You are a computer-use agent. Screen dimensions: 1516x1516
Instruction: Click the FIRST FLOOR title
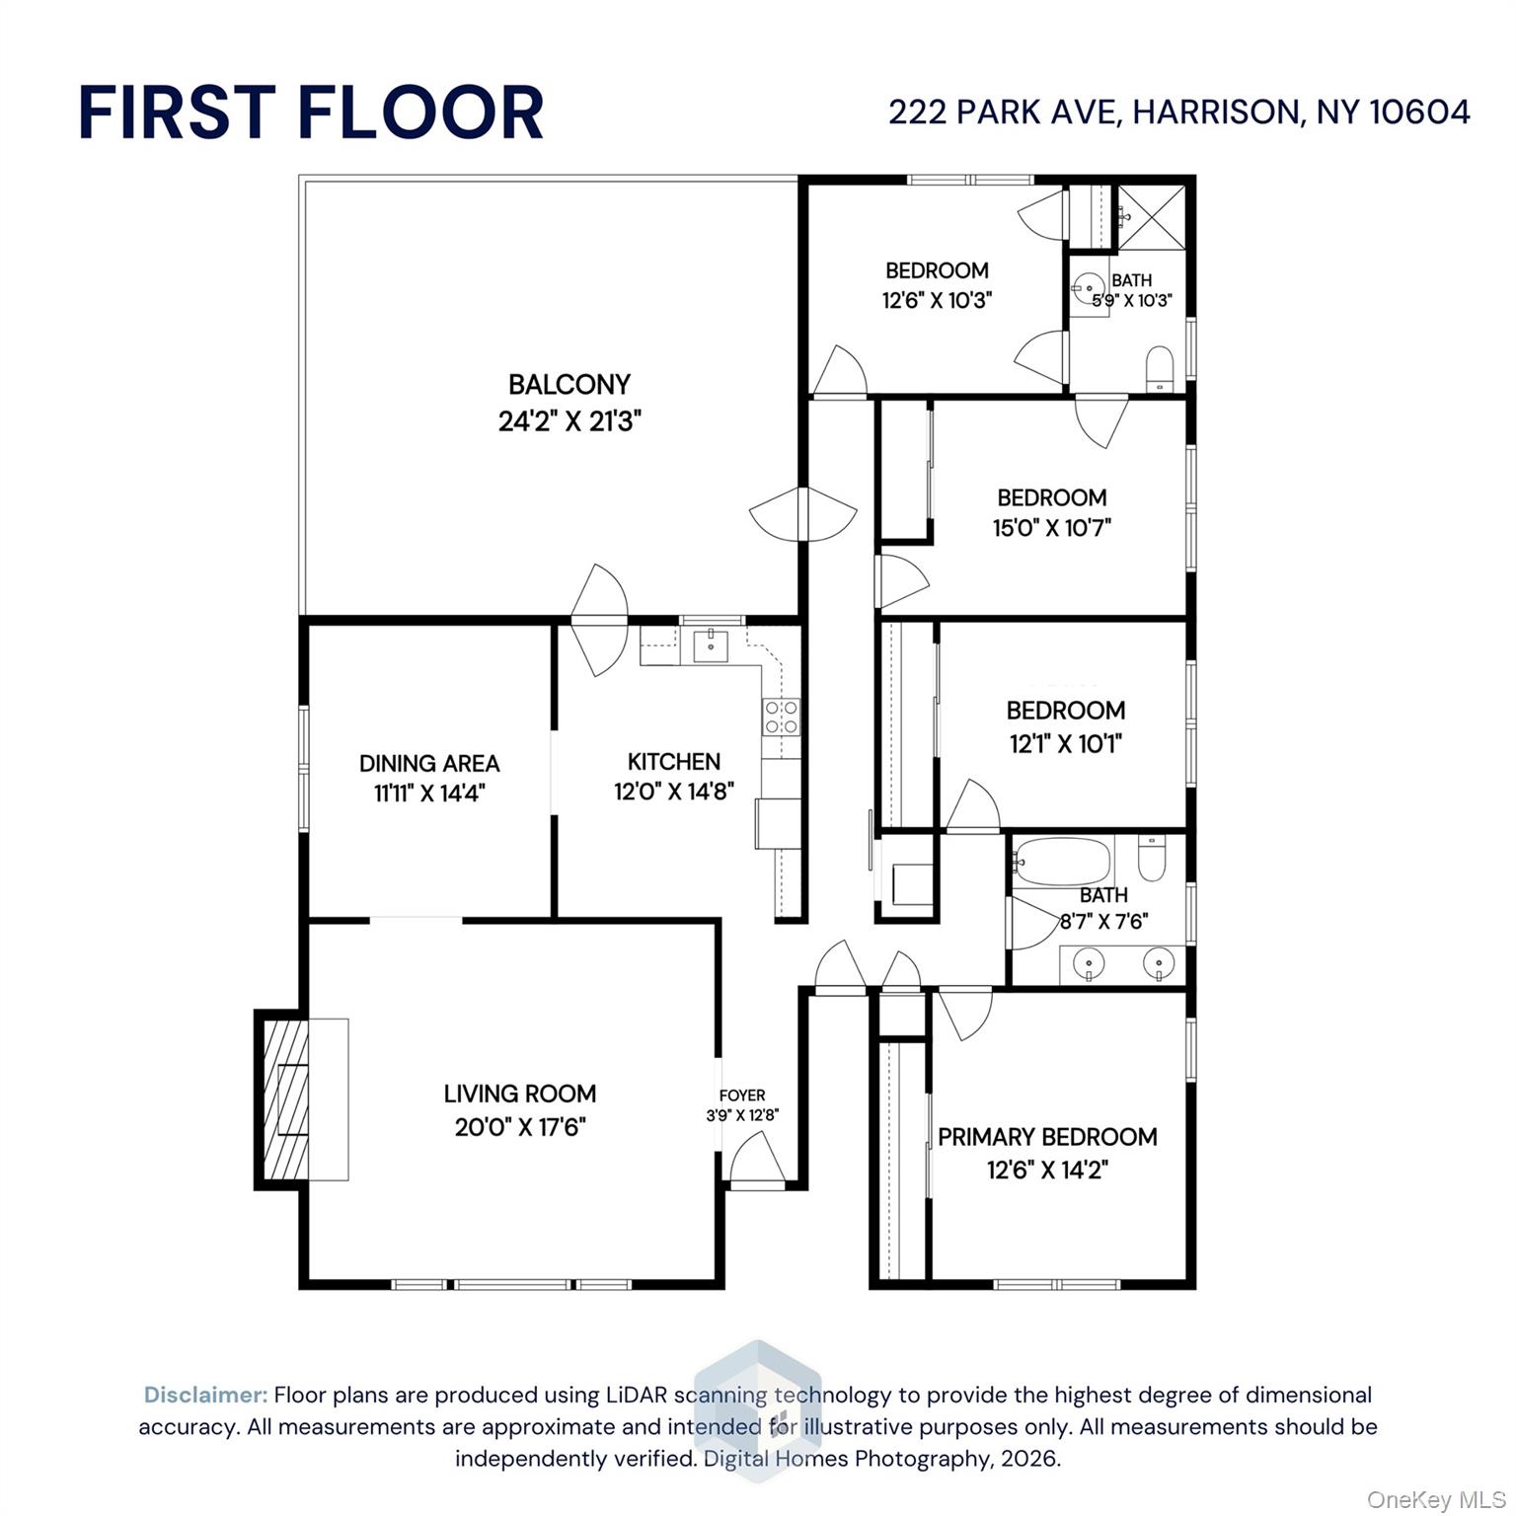pos(311,112)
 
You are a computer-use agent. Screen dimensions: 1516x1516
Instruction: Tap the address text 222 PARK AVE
pos(1003,112)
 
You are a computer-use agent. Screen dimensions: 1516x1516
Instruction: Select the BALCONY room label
pos(569,384)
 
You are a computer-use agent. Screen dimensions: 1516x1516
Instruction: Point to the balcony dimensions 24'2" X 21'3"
pos(569,421)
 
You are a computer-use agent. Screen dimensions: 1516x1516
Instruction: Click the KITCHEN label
pos(674,761)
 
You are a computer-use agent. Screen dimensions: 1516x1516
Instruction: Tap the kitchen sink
pos(711,646)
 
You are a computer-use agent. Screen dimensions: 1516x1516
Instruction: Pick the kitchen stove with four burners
pos(781,717)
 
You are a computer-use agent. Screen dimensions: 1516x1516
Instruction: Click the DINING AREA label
pos(429,763)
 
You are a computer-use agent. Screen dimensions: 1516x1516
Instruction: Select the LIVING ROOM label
pos(519,1094)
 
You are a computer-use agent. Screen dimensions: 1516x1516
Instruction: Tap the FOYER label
pos(742,1095)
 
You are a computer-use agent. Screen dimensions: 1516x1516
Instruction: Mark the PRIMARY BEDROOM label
pos(1047,1136)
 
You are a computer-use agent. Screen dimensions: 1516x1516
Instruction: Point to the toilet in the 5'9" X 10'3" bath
pos(1159,367)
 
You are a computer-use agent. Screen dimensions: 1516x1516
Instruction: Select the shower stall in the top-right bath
pos(1153,216)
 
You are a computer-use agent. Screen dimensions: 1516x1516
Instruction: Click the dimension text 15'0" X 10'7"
pos(1051,528)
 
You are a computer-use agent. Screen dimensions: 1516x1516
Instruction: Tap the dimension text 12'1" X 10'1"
pos(1065,743)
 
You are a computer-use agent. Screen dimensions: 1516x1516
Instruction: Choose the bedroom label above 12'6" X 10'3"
pos(937,270)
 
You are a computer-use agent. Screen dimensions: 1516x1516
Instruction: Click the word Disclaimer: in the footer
pos(205,1395)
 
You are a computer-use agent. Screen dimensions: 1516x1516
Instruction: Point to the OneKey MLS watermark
pos(1435,1500)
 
